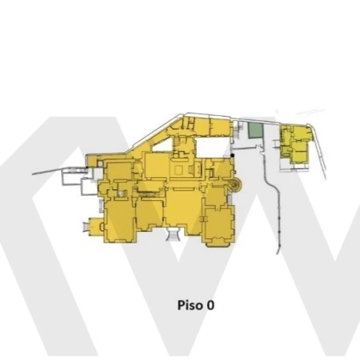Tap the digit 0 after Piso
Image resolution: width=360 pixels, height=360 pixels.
coord(211,305)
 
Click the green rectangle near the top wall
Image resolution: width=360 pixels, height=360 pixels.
coord(255,130)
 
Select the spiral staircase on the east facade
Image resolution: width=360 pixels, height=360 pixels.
coord(235,185)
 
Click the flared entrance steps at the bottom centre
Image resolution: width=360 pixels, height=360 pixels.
coord(173,234)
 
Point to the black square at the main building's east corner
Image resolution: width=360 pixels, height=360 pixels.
coord(233,155)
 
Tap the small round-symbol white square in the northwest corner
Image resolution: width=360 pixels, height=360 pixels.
coord(100,164)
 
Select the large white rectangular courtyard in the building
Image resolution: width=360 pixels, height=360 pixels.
coord(213,147)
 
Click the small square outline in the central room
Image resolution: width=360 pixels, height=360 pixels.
coord(179,170)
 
